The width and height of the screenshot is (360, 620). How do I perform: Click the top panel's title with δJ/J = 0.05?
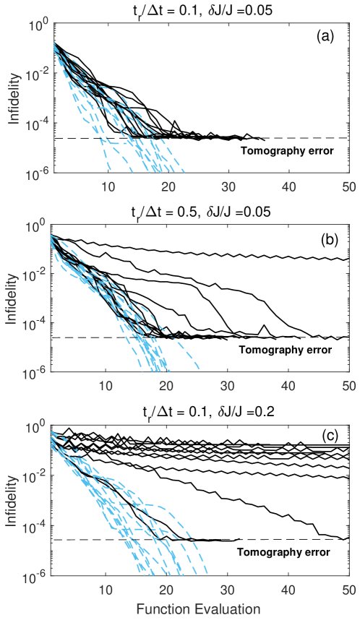pyautogui.click(x=200, y=9)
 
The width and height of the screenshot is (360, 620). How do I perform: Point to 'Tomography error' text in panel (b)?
pyautogui.click(x=287, y=350)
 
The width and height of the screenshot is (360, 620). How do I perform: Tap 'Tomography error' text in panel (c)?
pyautogui.click(x=287, y=552)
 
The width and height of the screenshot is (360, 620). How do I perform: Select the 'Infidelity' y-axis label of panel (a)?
pyautogui.click(x=14, y=98)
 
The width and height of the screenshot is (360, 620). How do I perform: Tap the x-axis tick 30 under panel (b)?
pyautogui.click(x=228, y=385)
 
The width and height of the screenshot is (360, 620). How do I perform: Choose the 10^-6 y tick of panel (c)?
pyautogui.click(x=36, y=576)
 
